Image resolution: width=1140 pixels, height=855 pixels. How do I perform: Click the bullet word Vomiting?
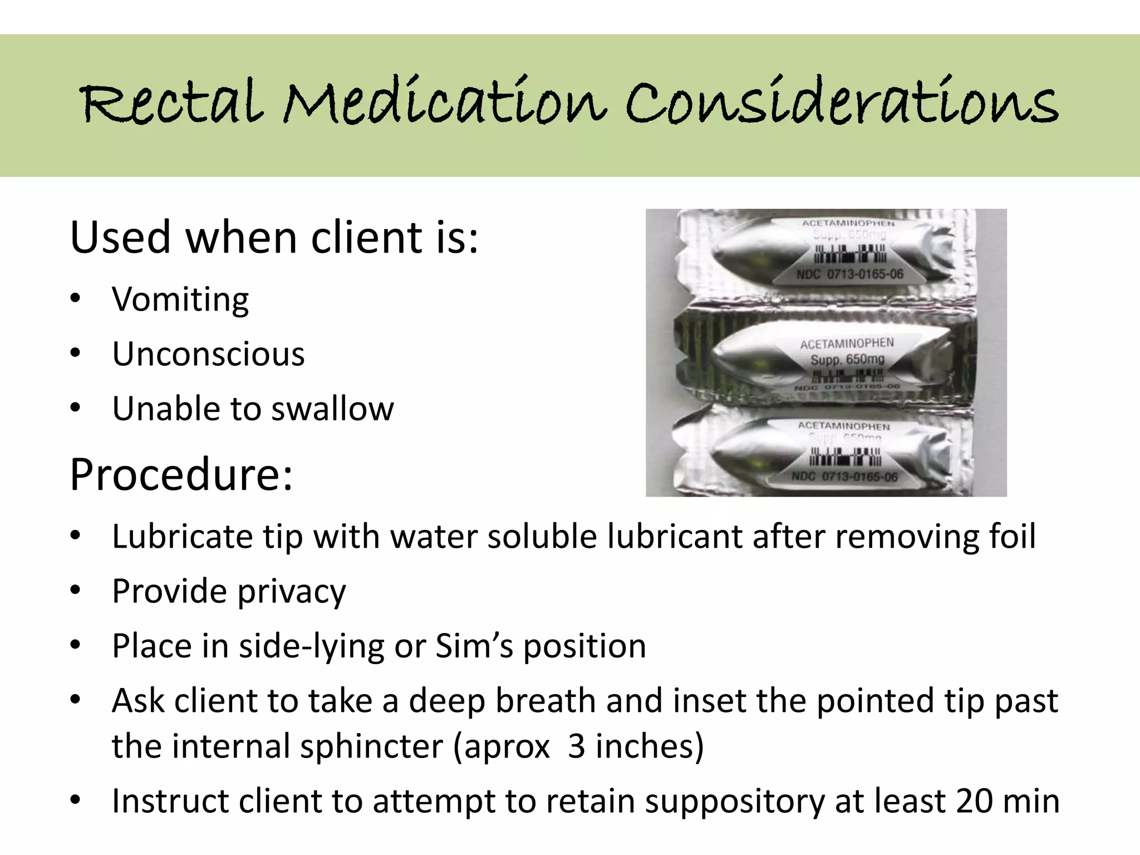pos(180,299)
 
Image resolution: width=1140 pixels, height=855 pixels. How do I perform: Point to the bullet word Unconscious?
pos(208,354)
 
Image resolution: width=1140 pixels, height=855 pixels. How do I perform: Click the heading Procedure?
pos(181,474)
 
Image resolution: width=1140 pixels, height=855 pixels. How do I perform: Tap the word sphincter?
pos(371,746)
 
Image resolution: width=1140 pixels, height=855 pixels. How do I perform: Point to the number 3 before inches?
pos(576,746)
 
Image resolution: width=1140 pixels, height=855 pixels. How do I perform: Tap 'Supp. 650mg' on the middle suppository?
pos(847,360)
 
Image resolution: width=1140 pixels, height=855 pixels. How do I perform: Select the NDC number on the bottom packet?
pos(844,477)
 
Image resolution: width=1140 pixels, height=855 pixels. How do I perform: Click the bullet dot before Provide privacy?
pos(76,591)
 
